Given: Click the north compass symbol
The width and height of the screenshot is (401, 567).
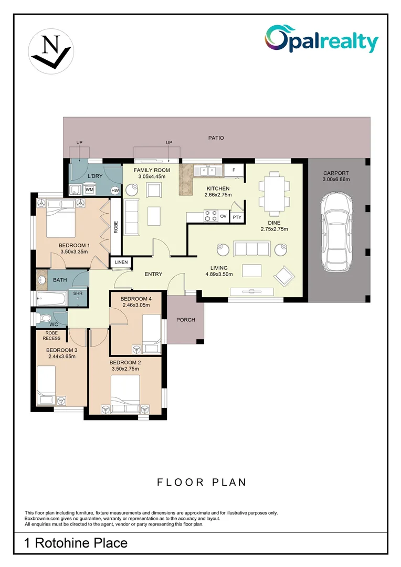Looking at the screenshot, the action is tap(51, 51).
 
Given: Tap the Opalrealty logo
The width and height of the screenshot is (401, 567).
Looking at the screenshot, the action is tap(321, 39).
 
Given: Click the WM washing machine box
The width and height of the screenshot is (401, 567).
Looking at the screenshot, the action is tap(89, 190).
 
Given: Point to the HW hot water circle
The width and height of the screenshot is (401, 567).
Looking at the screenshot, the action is tap(115, 191).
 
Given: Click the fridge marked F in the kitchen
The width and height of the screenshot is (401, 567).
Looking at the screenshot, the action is tap(234, 170).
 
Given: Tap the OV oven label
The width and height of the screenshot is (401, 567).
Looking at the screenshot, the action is tap(223, 216).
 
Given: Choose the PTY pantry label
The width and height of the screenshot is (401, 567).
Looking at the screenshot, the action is tap(237, 217).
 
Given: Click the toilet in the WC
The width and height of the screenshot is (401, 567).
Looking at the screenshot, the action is tap(44, 318).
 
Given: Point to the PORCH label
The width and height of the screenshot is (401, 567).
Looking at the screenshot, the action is tap(185, 320).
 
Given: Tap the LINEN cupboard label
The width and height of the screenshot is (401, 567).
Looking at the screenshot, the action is tap(121, 262).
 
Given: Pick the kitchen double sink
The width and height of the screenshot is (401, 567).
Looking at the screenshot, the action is tap(208, 171).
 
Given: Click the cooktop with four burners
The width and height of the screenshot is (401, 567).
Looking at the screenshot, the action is tap(211, 216).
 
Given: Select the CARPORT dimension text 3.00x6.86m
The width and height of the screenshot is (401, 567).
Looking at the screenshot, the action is tap(336, 180).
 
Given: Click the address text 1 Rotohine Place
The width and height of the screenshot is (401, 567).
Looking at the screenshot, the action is tap(76, 543).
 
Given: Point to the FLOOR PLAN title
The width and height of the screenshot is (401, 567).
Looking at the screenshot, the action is tap(202, 482).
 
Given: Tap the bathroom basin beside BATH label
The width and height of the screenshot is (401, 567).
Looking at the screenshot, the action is tap(42, 279).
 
